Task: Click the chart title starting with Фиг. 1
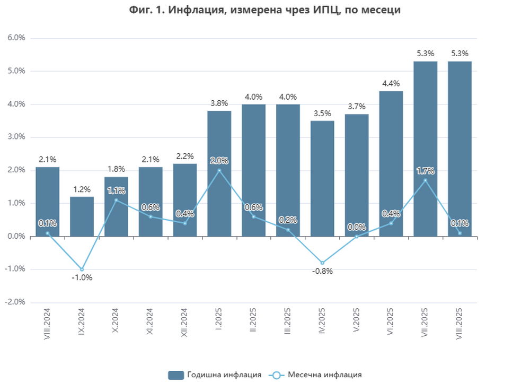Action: [264, 10]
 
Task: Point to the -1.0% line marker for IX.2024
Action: [82, 269]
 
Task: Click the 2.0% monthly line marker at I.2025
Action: [219, 170]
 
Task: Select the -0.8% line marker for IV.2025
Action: [322, 263]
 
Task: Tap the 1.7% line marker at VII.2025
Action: [425, 180]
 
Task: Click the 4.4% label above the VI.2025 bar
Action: [391, 83]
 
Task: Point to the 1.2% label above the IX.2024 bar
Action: [82, 189]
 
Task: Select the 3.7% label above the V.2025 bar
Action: [357, 107]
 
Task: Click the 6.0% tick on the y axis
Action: [16, 38]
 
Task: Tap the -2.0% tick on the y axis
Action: [15, 302]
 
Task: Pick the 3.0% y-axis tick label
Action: [16, 137]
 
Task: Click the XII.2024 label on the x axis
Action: [185, 323]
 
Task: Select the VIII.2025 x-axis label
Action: [460, 324]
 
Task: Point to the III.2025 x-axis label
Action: [288, 323]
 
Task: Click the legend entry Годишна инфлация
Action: [215, 375]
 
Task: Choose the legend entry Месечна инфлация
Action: [315, 375]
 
